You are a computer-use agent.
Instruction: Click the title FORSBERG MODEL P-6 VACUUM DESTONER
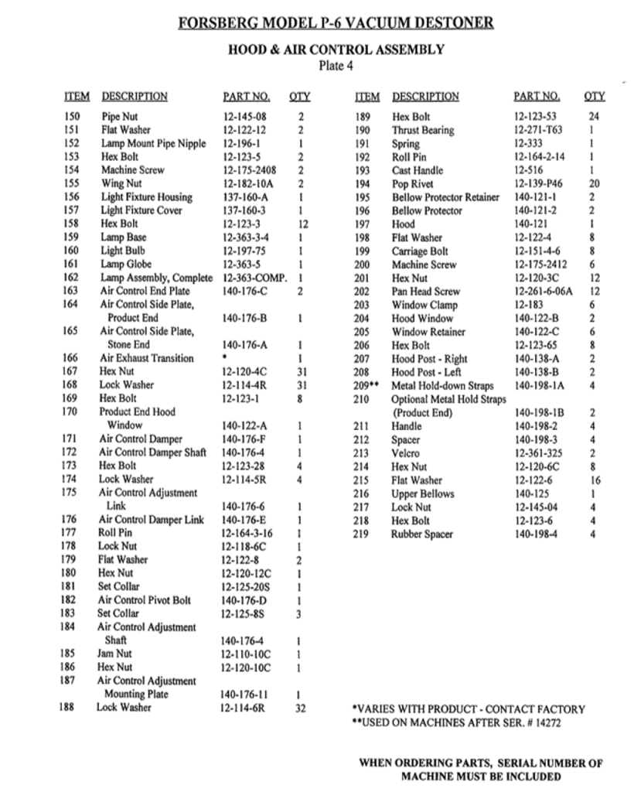coord(336,22)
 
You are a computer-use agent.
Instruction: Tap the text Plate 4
coord(336,65)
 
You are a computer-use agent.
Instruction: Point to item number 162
coord(71,277)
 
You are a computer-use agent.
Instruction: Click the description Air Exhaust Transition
coord(147,357)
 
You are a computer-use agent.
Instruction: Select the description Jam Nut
coord(114,654)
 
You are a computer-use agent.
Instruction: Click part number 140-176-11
coord(244,694)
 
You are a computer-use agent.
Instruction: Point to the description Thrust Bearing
coord(423,130)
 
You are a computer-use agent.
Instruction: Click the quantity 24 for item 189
coord(594,116)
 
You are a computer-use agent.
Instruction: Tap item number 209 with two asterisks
coord(366,384)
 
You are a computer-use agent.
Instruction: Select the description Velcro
coord(406,453)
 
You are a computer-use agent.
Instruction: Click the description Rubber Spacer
coord(422,534)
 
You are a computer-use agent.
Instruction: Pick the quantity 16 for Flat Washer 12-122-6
coord(594,480)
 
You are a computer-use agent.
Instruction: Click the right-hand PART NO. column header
coord(537,97)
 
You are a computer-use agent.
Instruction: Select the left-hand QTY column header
coord(299,97)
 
